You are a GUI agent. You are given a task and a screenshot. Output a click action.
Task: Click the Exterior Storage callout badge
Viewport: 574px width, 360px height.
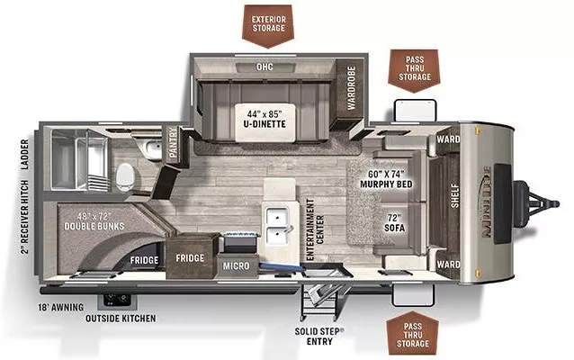269,23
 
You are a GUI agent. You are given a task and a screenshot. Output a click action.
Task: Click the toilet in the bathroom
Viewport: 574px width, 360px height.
125,173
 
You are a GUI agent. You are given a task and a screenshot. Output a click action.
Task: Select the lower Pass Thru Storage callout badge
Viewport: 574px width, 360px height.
415,332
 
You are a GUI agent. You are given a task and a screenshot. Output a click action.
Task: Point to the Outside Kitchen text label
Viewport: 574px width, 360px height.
120,318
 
